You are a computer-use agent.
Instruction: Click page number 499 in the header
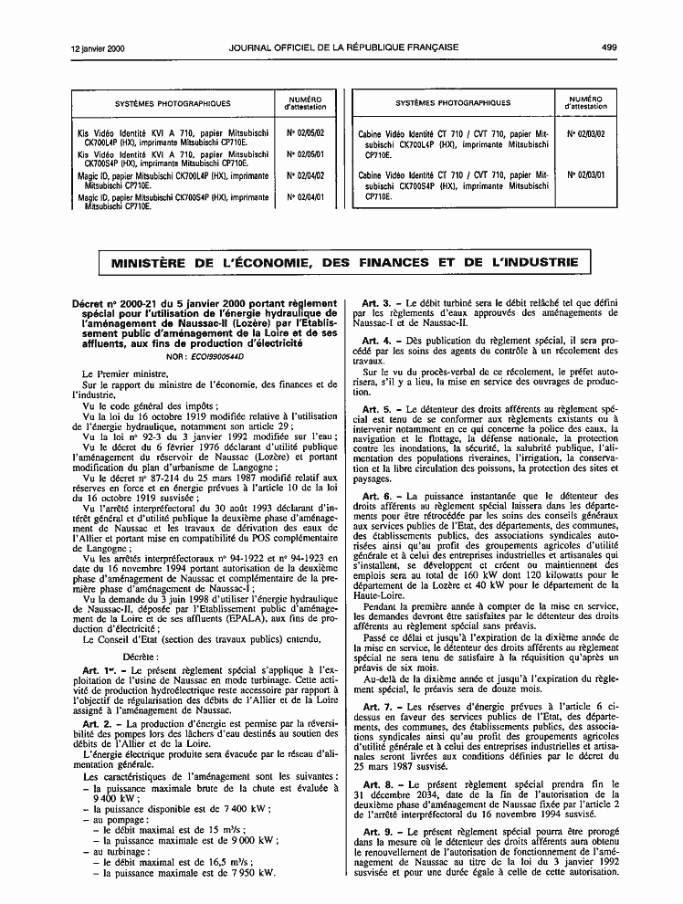coord(610,22)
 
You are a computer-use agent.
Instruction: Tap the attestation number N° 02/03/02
coord(586,133)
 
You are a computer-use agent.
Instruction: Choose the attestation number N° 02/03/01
coord(586,174)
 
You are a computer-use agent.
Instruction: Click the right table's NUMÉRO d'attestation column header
coord(585,102)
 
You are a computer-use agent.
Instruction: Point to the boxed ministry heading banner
coord(344,263)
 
